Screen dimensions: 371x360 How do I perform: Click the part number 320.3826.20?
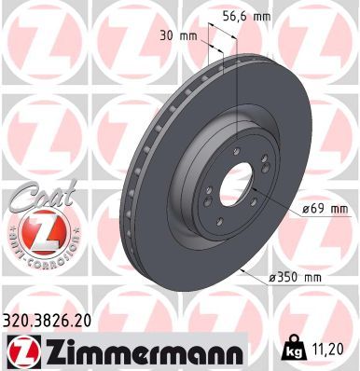pyautogui.click(x=57, y=321)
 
